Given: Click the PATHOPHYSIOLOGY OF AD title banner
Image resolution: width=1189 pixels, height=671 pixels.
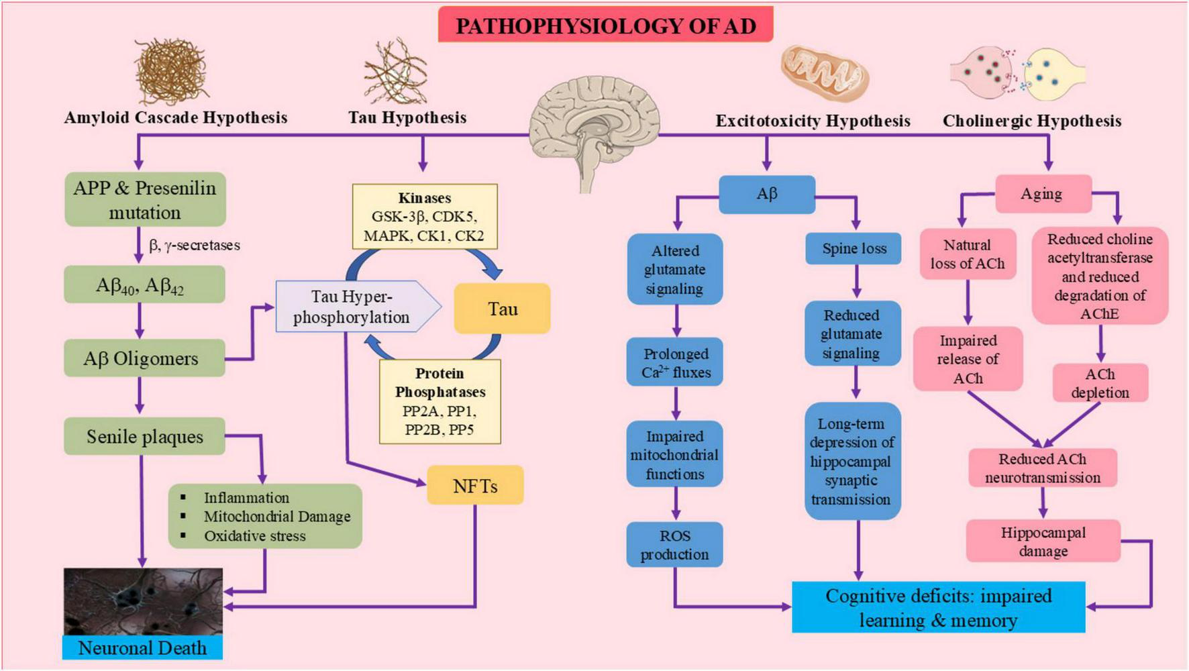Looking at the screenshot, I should click(605, 25).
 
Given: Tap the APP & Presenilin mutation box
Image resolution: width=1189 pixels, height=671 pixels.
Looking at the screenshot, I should click(145, 200).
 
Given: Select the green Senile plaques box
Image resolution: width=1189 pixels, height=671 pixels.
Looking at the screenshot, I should click(144, 437).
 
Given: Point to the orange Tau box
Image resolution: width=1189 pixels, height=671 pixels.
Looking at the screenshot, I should click(502, 309).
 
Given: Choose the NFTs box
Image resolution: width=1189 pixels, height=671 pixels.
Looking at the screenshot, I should click(475, 486).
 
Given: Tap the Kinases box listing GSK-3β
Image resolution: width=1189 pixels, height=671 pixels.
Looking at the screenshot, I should click(425, 217).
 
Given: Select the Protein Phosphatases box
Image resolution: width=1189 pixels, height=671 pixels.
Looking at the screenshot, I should click(440, 401).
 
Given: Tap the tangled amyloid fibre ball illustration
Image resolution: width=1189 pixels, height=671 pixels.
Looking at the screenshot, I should click(171, 71).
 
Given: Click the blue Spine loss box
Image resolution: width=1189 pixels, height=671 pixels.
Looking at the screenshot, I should click(854, 248).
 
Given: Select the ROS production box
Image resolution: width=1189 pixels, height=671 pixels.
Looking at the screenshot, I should click(674, 545).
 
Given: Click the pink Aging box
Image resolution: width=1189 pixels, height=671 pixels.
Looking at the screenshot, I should click(1043, 194).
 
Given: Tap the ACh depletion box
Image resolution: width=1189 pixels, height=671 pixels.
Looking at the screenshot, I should click(1100, 383).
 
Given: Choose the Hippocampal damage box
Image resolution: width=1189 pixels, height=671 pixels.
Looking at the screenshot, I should click(1043, 541).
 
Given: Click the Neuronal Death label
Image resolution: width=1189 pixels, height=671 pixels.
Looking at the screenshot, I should click(142, 648).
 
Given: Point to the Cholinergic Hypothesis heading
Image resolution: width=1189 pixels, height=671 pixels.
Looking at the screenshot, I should click(1031, 121).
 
